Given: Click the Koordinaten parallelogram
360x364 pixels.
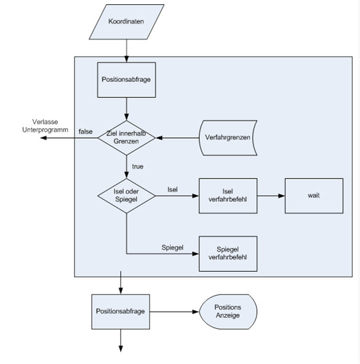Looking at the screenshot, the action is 126,22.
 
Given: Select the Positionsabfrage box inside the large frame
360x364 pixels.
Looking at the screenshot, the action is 126,80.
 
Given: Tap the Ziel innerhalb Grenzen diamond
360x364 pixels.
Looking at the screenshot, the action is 126,138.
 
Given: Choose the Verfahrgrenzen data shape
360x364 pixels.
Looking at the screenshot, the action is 228,138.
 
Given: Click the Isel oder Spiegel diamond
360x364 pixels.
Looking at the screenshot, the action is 126,196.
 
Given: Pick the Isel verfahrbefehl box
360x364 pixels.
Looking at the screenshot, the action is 228,196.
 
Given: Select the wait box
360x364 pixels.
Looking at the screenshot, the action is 314,196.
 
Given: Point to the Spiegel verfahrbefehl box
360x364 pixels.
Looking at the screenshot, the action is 228,254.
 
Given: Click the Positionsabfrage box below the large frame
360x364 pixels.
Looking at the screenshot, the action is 121,312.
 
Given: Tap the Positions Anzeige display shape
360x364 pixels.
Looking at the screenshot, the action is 228,312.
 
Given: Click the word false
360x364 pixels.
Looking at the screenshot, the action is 86,132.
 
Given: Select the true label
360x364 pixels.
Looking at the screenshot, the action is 138,166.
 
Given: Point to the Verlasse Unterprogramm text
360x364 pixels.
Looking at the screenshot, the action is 46,126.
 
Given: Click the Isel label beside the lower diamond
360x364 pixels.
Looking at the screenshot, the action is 172,190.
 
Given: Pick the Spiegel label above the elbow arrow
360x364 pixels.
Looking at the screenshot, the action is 172,248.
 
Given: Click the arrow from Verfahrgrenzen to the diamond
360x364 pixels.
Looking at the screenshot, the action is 177,138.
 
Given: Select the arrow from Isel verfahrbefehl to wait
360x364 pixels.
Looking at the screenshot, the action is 271,196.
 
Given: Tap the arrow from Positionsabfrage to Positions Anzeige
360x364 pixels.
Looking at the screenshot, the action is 174,312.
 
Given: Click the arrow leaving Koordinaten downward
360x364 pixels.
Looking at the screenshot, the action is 126,51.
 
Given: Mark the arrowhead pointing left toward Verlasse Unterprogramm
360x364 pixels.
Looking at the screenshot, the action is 43,138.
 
